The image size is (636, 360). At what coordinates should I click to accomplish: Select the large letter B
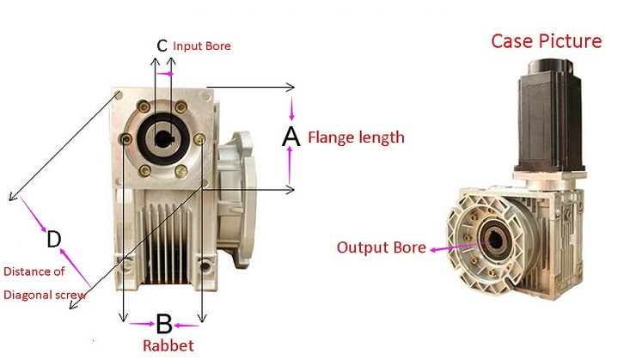(x=163, y=324)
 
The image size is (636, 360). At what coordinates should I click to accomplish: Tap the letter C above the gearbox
(x=162, y=45)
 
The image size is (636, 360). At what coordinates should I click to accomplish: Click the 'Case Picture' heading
(x=546, y=40)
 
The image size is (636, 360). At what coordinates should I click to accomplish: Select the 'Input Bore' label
(x=202, y=46)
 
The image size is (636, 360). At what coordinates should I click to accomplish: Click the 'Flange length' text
(x=356, y=137)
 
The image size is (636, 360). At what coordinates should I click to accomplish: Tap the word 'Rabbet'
(x=168, y=346)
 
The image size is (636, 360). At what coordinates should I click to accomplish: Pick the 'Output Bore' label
(x=381, y=247)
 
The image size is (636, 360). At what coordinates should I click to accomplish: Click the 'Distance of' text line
(x=34, y=272)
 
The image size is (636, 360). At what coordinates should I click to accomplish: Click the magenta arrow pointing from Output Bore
(x=443, y=247)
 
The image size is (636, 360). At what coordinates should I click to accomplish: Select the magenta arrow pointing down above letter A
(x=291, y=110)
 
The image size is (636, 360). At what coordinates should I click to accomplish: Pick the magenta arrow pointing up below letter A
(x=290, y=168)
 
